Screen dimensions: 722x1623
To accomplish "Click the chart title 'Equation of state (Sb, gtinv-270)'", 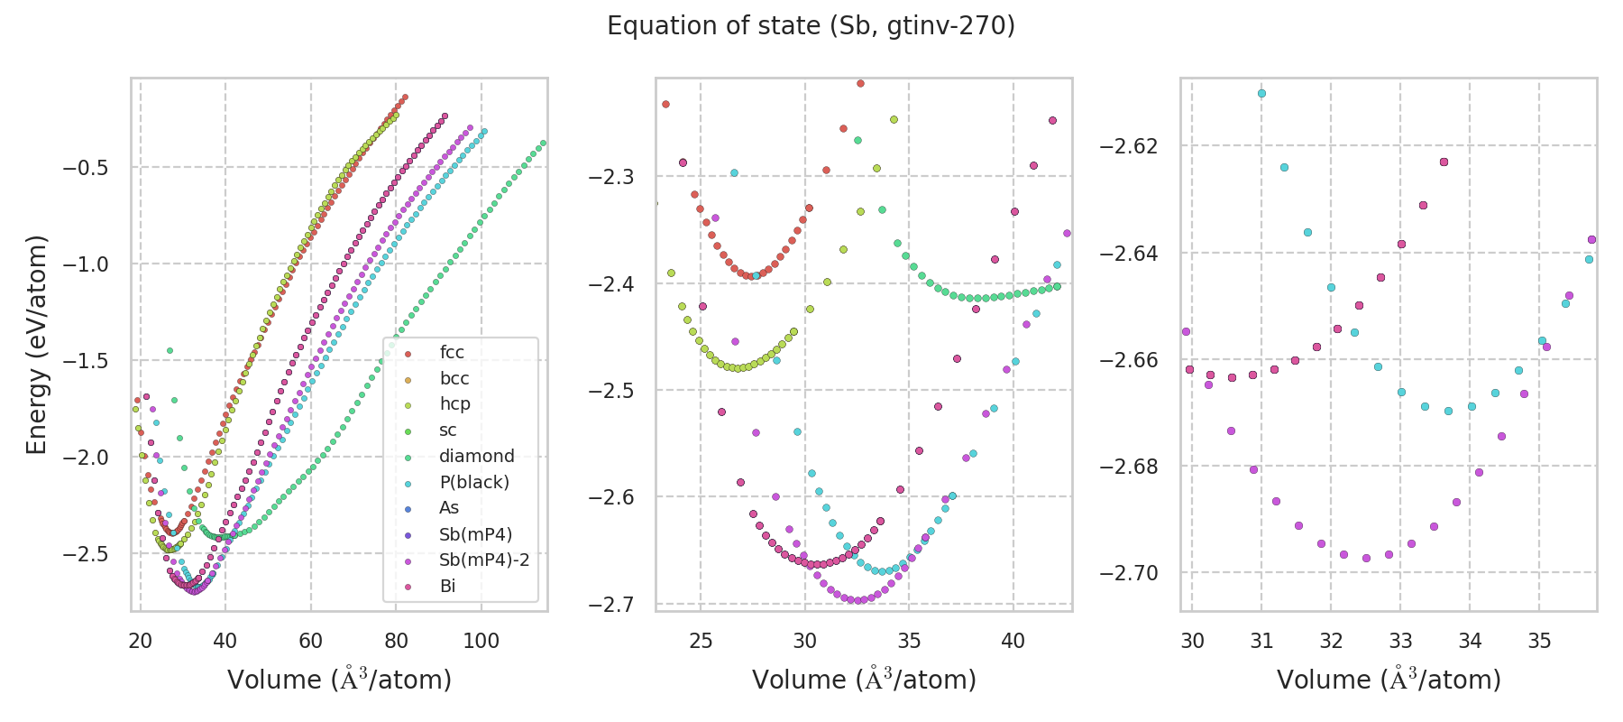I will pyautogui.click(x=811, y=26).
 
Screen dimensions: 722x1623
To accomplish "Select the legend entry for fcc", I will pyautogui.click(x=452, y=353).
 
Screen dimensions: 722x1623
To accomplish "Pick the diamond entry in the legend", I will pyautogui.click(x=476, y=457).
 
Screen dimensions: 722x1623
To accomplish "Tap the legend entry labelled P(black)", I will pyautogui.click(x=473, y=483).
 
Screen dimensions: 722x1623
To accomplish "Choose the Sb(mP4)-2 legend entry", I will pyautogui.click(x=483, y=560).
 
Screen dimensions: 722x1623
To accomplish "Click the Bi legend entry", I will pyautogui.click(x=447, y=587).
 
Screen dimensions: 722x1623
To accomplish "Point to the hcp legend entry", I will pyautogui.click(x=454, y=404).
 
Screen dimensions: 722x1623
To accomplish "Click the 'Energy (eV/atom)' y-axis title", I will pyautogui.click(x=36, y=345).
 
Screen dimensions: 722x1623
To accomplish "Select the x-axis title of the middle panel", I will pyautogui.click(x=864, y=680).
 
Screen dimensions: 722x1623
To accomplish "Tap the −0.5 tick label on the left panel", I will pyautogui.click(x=83, y=168).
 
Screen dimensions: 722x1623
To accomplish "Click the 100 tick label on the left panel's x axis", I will pyautogui.click(x=481, y=641).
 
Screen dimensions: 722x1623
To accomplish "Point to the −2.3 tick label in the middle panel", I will pyautogui.click(x=611, y=177).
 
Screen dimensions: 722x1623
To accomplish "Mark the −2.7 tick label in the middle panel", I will pyautogui.click(x=611, y=604).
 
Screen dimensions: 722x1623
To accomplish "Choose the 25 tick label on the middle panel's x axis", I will pyautogui.click(x=701, y=641).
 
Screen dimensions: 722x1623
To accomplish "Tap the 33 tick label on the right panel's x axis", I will pyautogui.click(x=1400, y=641).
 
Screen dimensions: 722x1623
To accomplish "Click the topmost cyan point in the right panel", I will pyautogui.click(x=1261, y=93).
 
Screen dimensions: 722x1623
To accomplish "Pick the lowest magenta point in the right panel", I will pyautogui.click(x=1366, y=558).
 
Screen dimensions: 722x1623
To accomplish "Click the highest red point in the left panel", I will pyautogui.click(x=405, y=97).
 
